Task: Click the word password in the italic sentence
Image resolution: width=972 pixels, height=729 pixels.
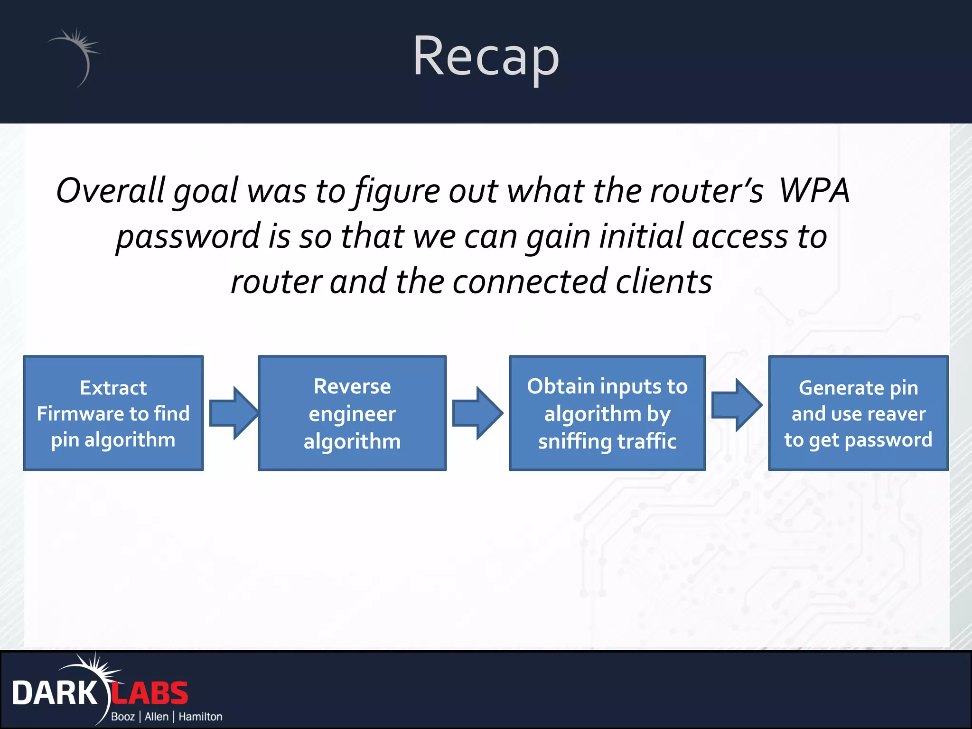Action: pos(188,236)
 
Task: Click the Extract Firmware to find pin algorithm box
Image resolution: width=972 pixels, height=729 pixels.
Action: pos(113,413)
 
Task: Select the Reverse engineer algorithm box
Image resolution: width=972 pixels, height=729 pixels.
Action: pos(352,413)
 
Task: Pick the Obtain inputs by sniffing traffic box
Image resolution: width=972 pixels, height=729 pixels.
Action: pos(607,413)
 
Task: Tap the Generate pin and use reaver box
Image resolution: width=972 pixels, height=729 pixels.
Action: pos(858,413)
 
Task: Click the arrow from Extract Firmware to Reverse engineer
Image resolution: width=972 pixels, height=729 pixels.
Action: pos(233,413)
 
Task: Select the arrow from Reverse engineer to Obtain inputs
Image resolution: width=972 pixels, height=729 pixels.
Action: pos(477,413)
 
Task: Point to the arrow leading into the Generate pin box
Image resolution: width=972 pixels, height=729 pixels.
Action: pos(736,405)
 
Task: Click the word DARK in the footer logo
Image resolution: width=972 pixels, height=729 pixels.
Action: pos(55,693)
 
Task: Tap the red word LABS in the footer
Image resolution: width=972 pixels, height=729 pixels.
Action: pos(150,693)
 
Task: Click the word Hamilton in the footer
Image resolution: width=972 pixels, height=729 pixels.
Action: pos(200,717)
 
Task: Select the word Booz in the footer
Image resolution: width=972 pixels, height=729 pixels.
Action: pos(123,717)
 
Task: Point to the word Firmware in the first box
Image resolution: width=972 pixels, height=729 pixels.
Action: pos(79,414)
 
